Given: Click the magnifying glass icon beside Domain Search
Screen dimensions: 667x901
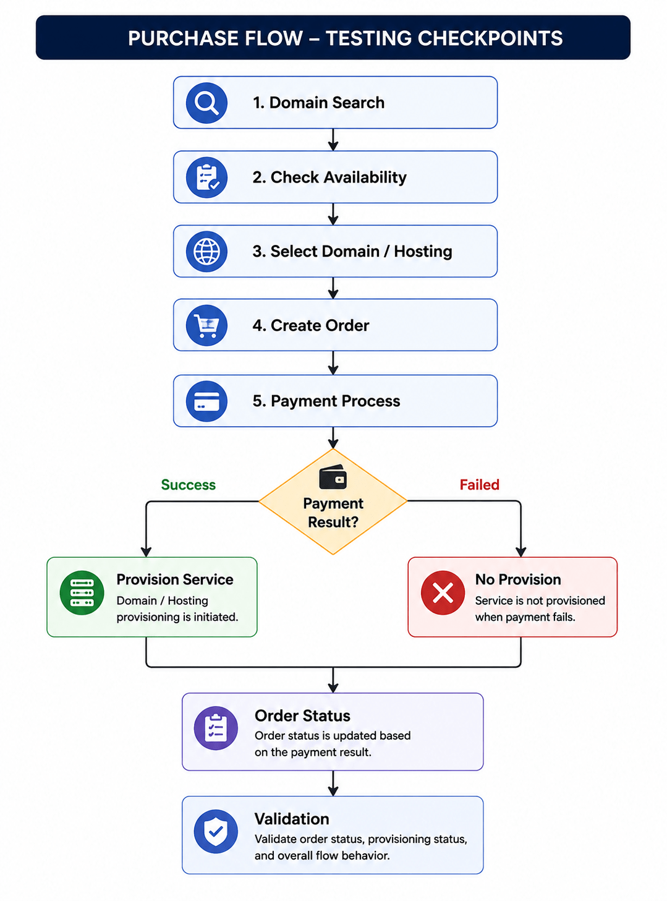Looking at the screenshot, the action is click(x=206, y=103).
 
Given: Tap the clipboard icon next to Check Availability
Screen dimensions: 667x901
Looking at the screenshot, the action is click(x=206, y=177).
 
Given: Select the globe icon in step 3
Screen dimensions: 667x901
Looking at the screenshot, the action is click(x=206, y=252).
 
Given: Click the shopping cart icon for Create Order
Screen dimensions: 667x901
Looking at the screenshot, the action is click(x=206, y=325).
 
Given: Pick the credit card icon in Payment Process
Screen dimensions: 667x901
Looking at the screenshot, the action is click(x=206, y=401).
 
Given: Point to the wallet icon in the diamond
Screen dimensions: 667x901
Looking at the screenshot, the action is click(x=333, y=476).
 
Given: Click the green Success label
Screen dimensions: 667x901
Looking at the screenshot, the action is click(x=188, y=485).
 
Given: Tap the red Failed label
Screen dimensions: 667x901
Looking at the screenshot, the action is click(x=479, y=485).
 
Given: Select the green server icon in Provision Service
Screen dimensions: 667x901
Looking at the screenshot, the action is click(x=82, y=592).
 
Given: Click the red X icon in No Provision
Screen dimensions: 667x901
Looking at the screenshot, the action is click(x=443, y=592).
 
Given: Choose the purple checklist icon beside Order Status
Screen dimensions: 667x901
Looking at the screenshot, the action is click(x=216, y=728).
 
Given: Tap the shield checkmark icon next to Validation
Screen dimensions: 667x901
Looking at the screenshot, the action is click(x=216, y=831).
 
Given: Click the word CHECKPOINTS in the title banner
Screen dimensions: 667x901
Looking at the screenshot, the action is click(x=490, y=38).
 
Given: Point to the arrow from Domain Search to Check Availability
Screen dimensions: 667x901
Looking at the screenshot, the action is click(x=333, y=140).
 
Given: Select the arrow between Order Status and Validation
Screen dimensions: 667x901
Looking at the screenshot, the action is click(x=333, y=783).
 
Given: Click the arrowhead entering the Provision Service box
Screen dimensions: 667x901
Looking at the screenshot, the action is click(x=146, y=552).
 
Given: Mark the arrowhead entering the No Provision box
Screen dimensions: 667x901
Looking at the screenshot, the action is click(x=520, y=552).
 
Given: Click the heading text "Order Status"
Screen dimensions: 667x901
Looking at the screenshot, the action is click(x=302, y=715).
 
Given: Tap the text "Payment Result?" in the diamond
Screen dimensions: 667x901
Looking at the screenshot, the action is click(x=333, y=513).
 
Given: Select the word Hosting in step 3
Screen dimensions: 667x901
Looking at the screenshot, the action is click(x=423, y=252).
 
